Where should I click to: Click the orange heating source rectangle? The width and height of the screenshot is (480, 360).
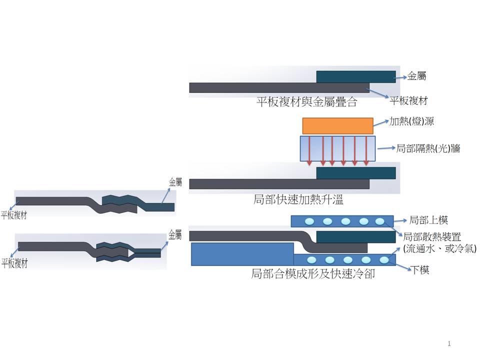tap(337, 125)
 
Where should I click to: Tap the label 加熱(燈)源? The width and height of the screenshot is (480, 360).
tap(411, 122)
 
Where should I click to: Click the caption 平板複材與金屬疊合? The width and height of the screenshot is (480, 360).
tap(307, 103)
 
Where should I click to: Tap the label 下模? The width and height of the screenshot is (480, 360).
tap(419, 270)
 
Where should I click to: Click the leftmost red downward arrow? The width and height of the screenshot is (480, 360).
tap(309, 150)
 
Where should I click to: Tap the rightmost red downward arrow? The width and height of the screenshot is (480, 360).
tap(367, 150)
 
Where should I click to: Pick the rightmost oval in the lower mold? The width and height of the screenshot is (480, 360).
tap(384, 260)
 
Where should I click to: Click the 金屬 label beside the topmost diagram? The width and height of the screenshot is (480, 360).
tap(417, 76)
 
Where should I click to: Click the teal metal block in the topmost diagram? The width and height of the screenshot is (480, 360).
tap(355, 76)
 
